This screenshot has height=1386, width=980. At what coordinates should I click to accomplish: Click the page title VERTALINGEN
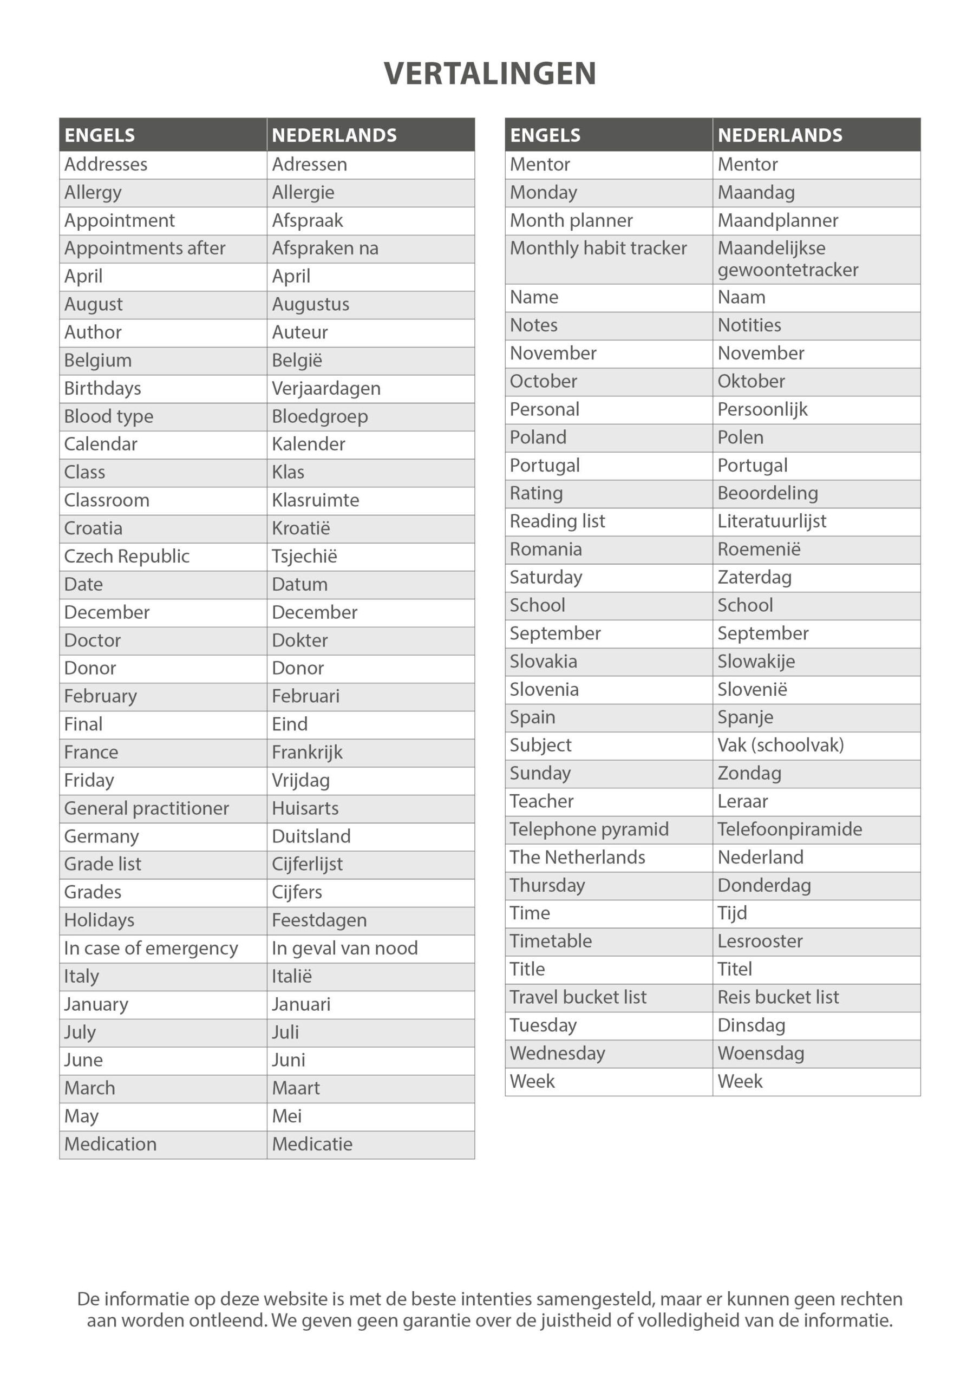(489, 74)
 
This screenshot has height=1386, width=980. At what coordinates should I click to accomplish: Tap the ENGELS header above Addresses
(100, 135)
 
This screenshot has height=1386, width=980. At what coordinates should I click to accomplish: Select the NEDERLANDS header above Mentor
(780, 135)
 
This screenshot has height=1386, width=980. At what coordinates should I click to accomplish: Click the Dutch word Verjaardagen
(326, 388)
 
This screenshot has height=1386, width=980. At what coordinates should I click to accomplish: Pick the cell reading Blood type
(109, 416)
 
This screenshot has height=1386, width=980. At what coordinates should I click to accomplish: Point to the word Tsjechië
(304, 557)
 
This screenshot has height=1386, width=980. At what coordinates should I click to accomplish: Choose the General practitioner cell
(147, 808)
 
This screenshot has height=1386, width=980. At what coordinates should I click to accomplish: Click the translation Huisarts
(305, 808)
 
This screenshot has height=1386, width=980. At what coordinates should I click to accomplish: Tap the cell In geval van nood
(345, 949)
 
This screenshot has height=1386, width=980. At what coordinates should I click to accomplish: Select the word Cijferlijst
(308, 865)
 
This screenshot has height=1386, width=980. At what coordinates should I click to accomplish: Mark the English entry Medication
(110, 1144)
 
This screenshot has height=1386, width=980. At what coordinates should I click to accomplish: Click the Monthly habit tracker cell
(598, 248)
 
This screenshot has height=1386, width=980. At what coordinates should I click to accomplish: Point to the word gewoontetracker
(788, 270)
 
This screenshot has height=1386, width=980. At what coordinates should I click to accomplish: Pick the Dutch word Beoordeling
(767, 493)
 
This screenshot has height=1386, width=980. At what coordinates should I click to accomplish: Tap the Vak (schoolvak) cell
(781, 746)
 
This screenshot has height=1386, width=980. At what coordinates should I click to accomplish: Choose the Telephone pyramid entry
(589, 829)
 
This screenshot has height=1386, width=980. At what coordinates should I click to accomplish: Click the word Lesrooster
(760, 941)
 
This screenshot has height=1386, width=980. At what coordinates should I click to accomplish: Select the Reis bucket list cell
(779, 997)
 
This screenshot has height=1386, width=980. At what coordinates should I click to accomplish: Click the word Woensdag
(761, 1054)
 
